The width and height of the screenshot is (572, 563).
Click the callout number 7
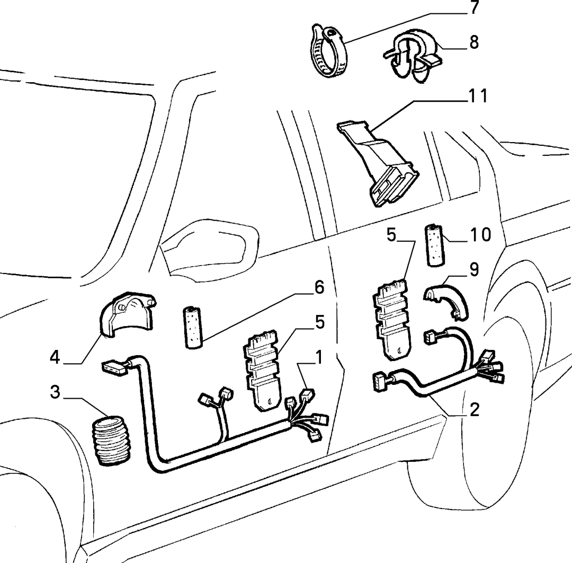[x=474, y=8]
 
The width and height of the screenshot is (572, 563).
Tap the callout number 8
[x=474, y=42]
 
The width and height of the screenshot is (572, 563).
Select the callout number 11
[x=478, y=96]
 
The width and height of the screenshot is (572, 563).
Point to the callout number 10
[x=480, y=234]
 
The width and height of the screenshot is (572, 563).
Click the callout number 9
[x=474, y=269]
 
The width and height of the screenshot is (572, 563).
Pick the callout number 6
[x=319, y=287]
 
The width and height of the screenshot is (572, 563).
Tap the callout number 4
[x=55, y=357]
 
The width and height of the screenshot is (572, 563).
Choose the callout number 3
[x=55, y=392]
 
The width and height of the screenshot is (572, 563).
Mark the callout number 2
[x=474, y=410]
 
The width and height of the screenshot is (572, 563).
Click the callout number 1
[x=319, y=357]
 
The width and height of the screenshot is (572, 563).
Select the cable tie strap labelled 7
[x=328, y=51]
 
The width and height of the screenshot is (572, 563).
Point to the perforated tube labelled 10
[x=435, y=245]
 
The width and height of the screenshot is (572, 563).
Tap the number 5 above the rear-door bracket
[x=391, y=235]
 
